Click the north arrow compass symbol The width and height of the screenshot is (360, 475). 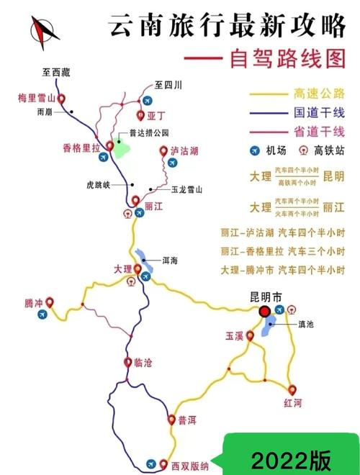click(x=44, y=31)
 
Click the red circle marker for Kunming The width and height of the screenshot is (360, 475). click(x=264, y=311)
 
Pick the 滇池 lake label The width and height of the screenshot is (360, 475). click(x=305, y=325)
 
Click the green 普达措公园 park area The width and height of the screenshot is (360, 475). click(x=122, y=150)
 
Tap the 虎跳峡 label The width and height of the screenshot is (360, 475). click(x=98, y=184)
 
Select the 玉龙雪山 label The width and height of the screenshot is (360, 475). click(x=186, y=190)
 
